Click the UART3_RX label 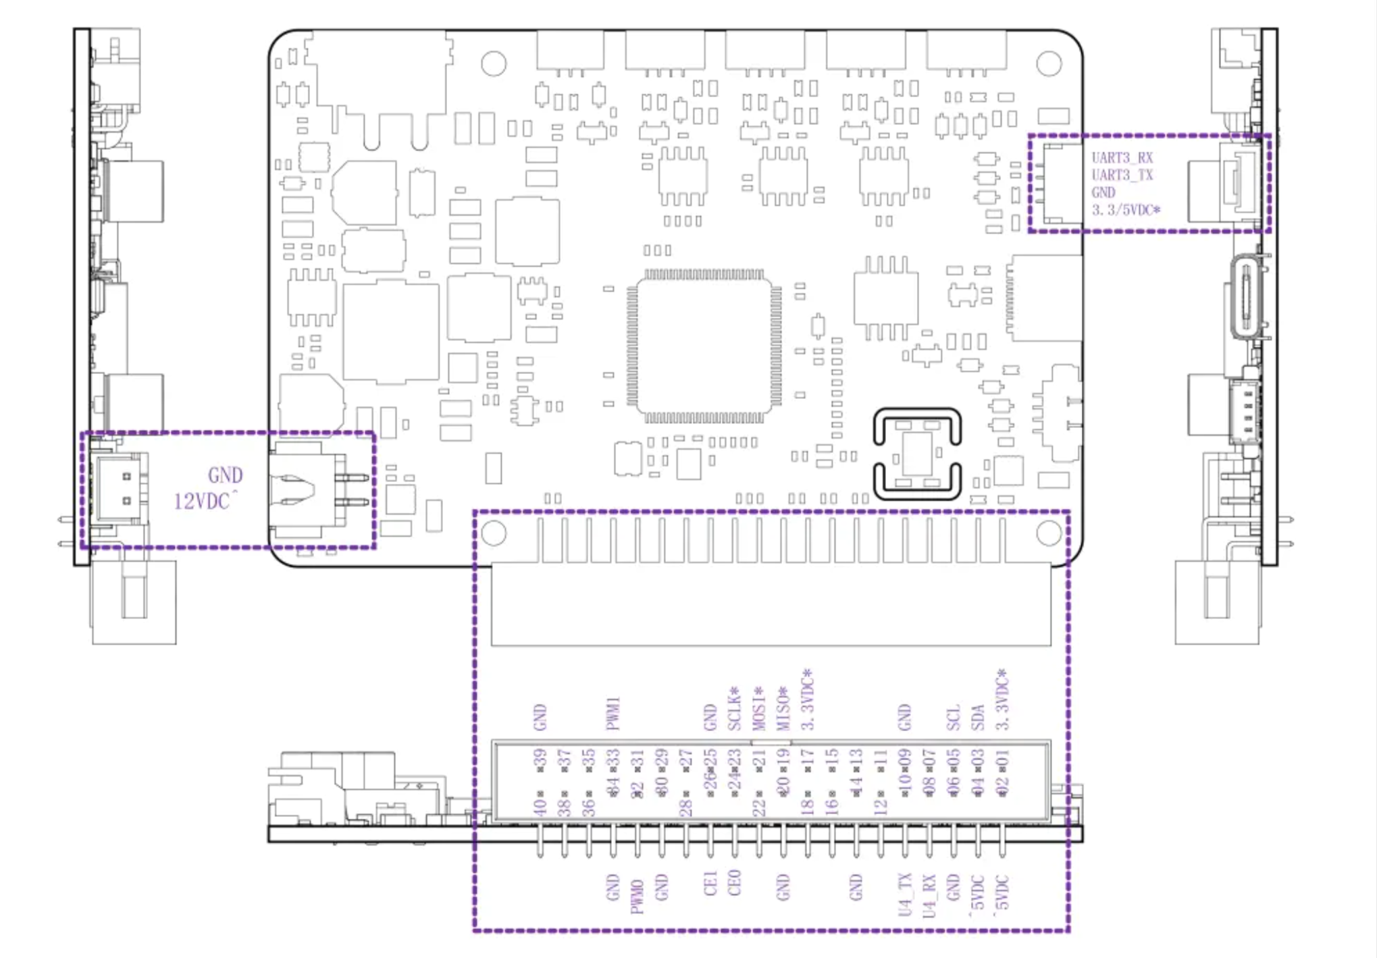click(x=1122, y=158)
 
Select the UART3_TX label click(x=1122, y=176)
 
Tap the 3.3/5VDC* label click(x=1126, y=211)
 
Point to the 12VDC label click(x=203, y=502)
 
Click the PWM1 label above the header click(x=613, y=714)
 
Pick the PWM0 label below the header click(x=637, y=896)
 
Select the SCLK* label click(x=735, y=709)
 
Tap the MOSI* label click(x=758, y=709)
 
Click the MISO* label click(x=783, y=709)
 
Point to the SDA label click(x=978, y=717)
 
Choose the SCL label click(x=953, y=718)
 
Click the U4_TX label click(x=905, y=895)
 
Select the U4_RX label click(x=929, y=895)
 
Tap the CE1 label click(x=710, y=883)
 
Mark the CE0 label click(x=734, y=882)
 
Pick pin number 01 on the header click(x=1002, y=760)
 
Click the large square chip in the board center click(x=704, y=346)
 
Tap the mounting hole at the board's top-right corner click(x=1048, y=63)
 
